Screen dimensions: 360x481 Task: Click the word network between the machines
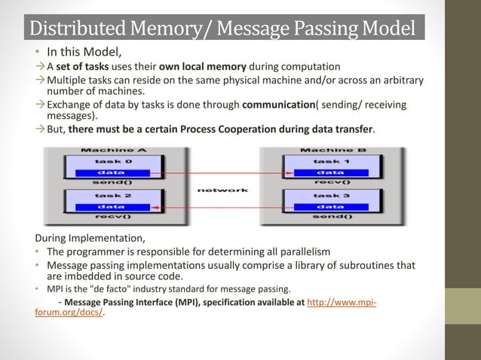click(x=222, y=190)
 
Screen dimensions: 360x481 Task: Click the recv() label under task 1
click(x=329, y=182)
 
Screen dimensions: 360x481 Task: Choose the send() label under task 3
click(x=329, y=216)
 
